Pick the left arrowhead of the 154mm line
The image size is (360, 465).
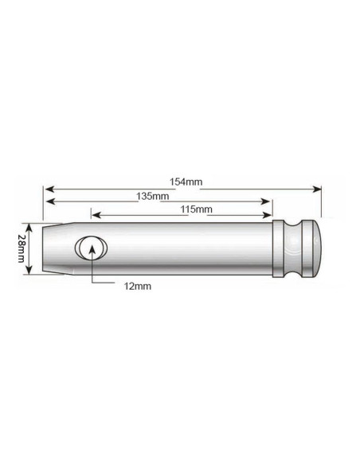tap(48, 190)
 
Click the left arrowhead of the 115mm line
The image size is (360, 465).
tap(95, 216)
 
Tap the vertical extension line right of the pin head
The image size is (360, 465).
tap(320, 203)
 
